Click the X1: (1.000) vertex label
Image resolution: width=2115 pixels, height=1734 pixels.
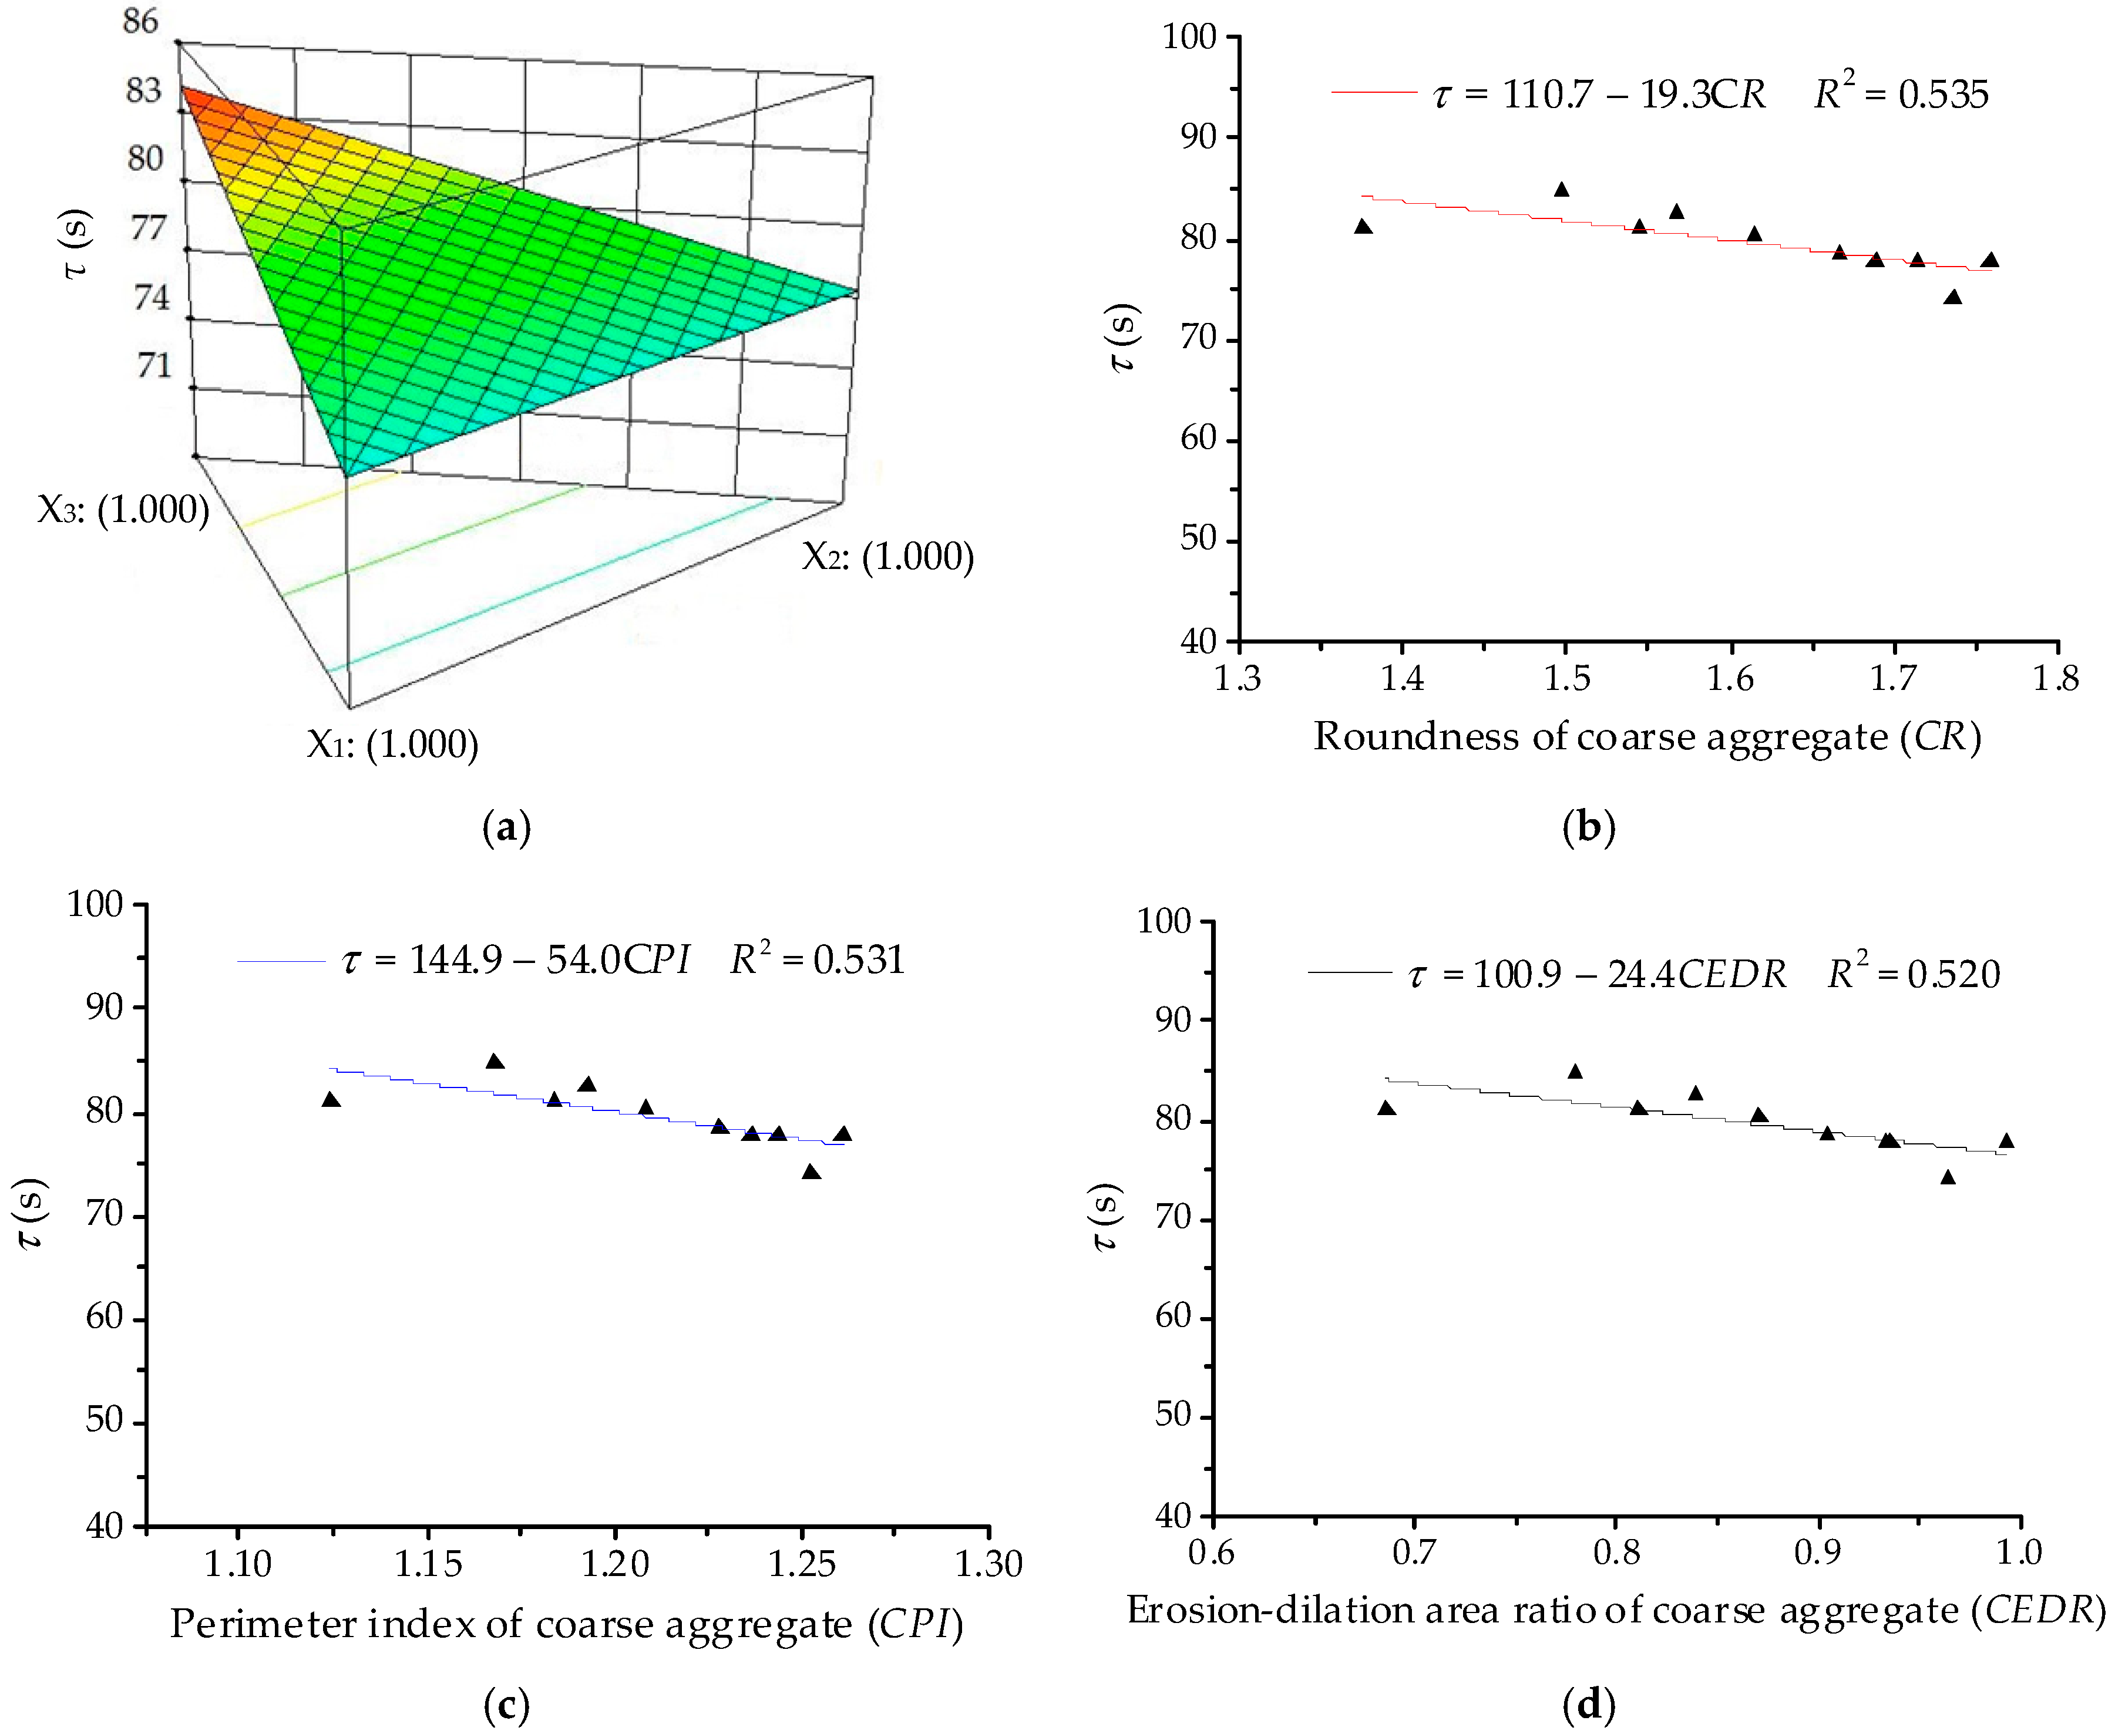coord(392,744)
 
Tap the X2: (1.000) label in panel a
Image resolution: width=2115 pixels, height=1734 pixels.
coord(887,556)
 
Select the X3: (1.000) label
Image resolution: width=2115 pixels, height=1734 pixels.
coord(123,510)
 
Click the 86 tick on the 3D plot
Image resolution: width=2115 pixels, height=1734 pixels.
coord(140,21)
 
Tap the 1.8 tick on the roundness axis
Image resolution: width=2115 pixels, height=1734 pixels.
coord(2055,679)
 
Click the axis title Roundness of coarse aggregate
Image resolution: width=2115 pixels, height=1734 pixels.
coord(1646,736)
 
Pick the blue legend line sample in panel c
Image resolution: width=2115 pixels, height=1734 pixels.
coord(281,961)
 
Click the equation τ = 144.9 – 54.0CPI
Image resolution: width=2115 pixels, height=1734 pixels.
coord(516,960)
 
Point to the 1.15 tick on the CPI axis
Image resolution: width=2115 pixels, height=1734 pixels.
coord(428,1563)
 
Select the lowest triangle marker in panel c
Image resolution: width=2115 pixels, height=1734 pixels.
coord(811,1171)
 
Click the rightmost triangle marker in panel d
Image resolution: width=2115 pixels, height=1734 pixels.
coord(2005,1142)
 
